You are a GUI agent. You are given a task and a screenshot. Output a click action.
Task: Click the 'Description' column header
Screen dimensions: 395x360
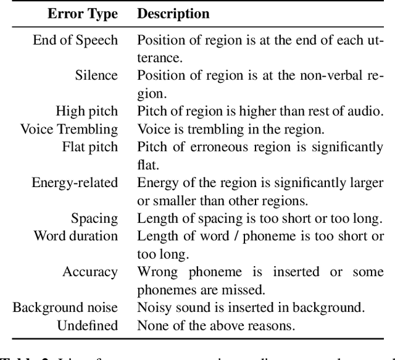click(173, 13)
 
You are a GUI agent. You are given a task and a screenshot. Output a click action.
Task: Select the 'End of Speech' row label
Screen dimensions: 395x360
click(75, 40)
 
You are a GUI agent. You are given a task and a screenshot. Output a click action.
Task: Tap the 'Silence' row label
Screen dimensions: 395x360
click(96, 75)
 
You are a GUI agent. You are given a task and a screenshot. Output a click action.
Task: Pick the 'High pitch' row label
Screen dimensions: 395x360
click(86, 111)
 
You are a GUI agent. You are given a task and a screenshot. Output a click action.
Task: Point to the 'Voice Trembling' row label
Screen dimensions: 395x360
click(69, 129)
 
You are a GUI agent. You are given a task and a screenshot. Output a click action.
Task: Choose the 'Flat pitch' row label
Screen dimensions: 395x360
click(89, 147)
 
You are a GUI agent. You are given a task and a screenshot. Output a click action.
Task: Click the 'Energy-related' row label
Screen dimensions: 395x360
click(75, 183)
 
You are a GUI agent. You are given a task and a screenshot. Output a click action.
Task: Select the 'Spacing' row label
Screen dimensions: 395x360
click(94, 219)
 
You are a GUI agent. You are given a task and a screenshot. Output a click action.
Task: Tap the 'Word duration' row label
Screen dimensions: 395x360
click(75, 236)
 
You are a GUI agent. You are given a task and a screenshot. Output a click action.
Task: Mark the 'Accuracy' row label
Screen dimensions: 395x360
click(90, 272)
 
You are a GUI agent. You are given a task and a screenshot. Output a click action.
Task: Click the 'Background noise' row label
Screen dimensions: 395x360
click(65, 308)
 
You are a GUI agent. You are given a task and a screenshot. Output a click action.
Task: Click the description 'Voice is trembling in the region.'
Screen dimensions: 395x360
click(230, 129)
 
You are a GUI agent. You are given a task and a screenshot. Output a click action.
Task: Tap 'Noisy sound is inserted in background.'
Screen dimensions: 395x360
click(251, 308)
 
